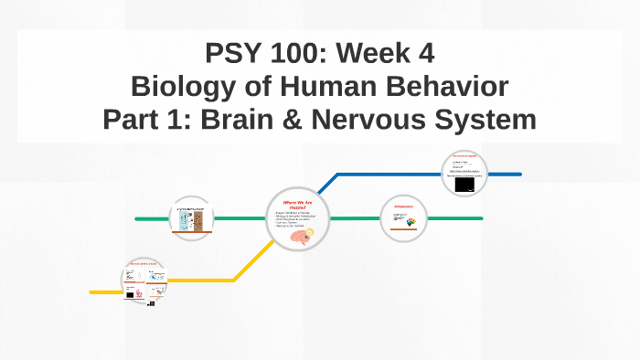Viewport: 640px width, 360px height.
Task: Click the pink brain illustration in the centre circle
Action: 299,236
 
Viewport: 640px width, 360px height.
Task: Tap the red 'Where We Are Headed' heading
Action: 298,205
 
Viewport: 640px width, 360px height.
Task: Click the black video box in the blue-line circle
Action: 464,185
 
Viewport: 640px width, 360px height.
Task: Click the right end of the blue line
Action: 520,173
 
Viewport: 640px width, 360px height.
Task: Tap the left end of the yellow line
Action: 91,292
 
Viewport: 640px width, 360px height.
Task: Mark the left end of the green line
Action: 137,219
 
